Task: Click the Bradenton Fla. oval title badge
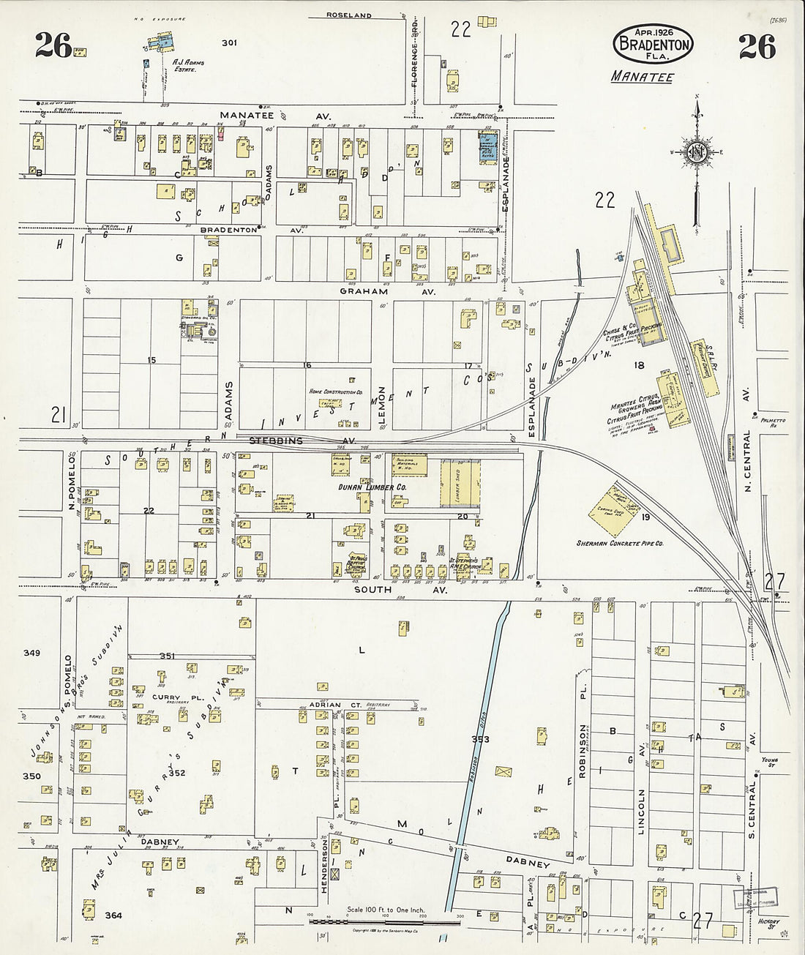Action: (x=653, y=43)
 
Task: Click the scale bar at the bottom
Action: (x=385, y=921)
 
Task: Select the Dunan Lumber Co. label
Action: (x=372, y=487)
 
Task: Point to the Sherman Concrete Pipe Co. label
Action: (x=620, y=544)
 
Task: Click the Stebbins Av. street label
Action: (x=302, y=441)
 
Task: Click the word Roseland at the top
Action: (x=349, y=15)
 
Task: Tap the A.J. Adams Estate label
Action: (x=187, y=66)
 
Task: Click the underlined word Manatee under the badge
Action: (x=642, y=77)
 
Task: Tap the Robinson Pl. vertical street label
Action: (x=583, y=750)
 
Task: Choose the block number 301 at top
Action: (x=229, y=43)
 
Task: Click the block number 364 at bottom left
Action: (x=113, y=915)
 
